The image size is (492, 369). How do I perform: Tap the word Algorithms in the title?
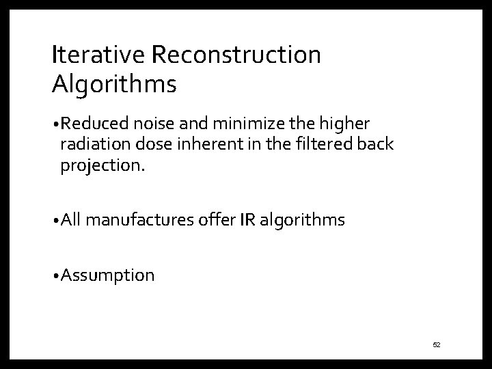114,84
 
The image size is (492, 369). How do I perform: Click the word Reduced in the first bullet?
90,124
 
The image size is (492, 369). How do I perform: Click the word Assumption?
107,275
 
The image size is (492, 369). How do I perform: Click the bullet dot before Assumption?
55,276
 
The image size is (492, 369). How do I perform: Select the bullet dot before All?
55,221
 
